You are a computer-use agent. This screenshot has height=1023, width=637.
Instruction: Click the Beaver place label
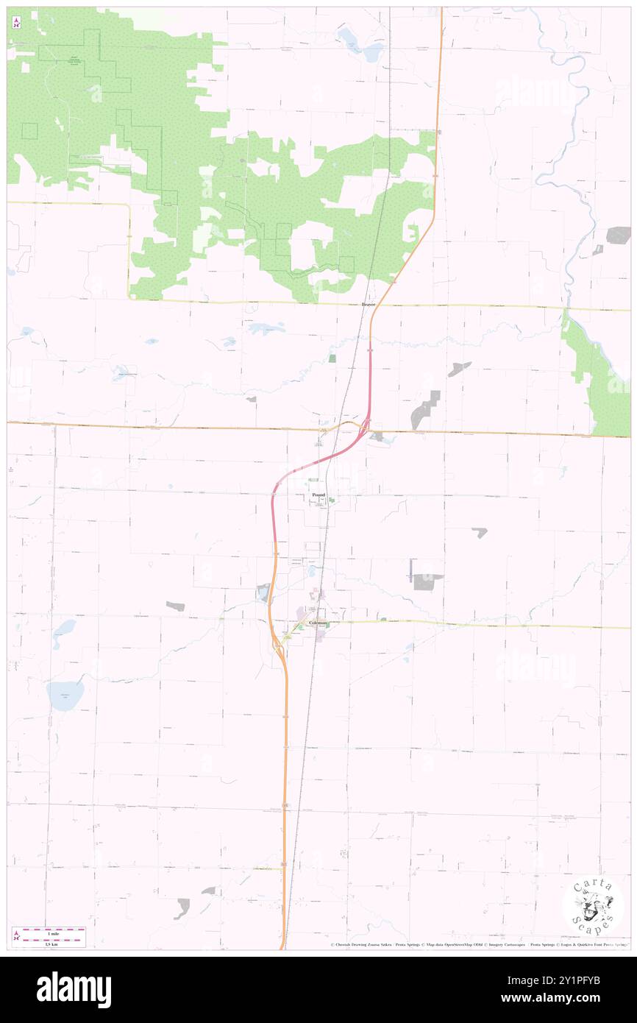[x=369, y=304]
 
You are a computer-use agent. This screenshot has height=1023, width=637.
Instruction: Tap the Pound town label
[x=318, y=495]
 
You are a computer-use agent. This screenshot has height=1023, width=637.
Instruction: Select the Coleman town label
[x=318, y=623]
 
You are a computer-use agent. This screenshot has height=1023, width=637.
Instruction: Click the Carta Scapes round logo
[x=593, y=905]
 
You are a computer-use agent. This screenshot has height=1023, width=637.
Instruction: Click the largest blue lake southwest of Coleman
[x=65, y=695]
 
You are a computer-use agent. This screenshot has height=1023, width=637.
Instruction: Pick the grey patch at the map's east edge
[x=619, y=236]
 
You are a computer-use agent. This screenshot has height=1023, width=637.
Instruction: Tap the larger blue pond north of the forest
[x=372, y=52]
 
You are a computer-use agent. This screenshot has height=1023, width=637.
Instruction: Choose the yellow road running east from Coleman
[x=478, y=624]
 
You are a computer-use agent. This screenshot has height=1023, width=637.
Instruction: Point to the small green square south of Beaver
[x=332, y=358]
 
